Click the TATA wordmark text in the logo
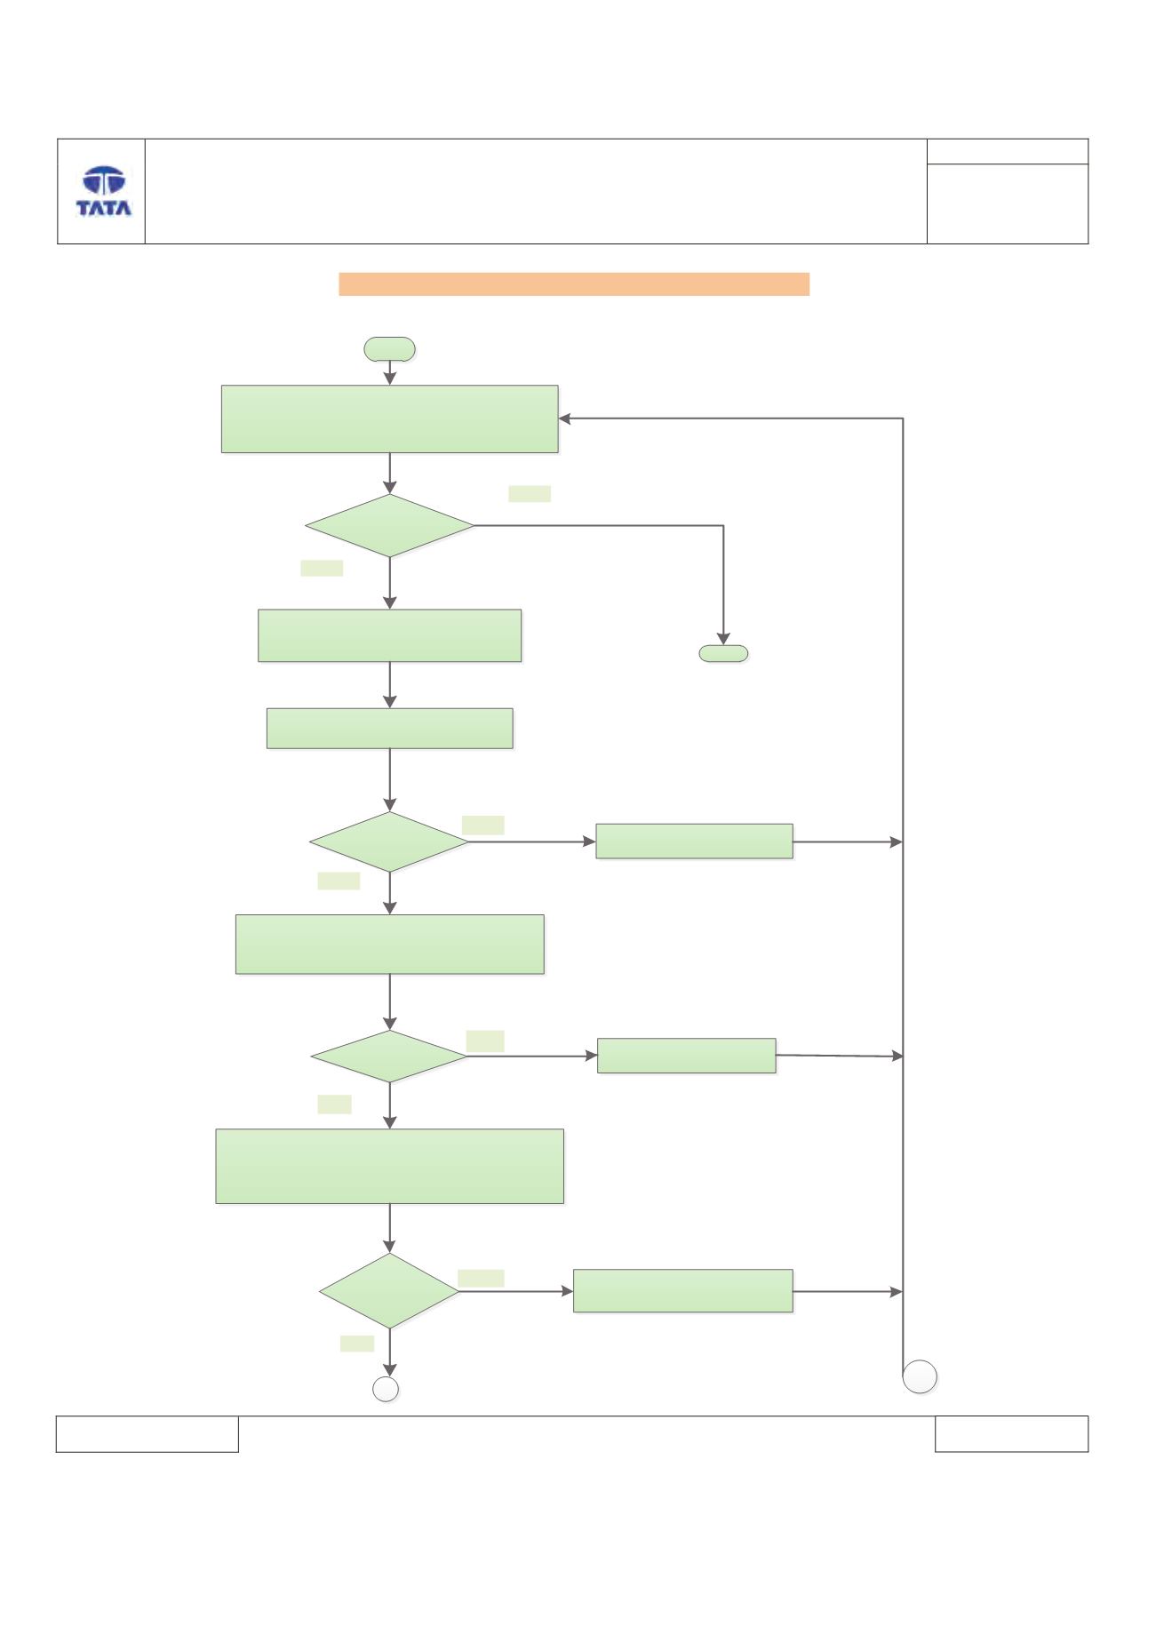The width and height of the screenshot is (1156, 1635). click(104, 208)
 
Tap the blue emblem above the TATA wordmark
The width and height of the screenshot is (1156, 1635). click(104, 181)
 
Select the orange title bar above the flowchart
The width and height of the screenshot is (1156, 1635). click(574, 283)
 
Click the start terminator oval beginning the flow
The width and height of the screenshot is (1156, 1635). click(389, 349)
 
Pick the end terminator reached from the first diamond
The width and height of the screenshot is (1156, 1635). click(723, 653)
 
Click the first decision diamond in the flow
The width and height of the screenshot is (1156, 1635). click(389, 526)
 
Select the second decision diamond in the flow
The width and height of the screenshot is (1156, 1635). click(389, 841)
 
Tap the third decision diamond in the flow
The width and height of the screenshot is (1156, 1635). click(389, 1057)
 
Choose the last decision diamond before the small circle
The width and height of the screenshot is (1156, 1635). click(389, 1291)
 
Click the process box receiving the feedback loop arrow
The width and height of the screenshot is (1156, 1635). click(389, 419)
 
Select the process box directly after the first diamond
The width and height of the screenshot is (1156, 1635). click(389, 635)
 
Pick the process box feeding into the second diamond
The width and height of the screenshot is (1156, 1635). click(389, 728)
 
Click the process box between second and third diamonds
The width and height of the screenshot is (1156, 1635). click(389, 945)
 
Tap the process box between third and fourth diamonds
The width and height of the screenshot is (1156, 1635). click(389, 1167)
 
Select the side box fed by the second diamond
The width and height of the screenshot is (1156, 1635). click(694, 841)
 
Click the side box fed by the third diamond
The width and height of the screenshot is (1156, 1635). click(686, 1056)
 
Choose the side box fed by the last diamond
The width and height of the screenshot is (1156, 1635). click(682, 1291)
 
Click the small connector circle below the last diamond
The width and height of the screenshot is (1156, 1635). click(386, 1389)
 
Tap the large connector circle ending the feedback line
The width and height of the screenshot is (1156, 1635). click(920, 1377)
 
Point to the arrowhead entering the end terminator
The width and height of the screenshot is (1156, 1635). click(723, 638)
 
